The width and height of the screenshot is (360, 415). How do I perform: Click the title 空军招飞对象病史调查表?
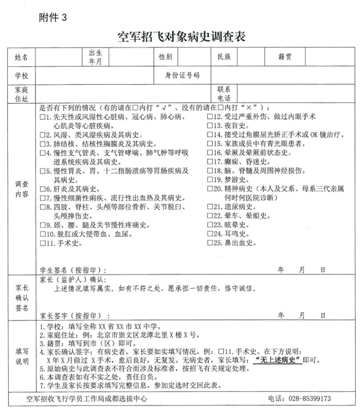(181, 36)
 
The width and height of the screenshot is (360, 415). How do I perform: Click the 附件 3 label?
(53, 18)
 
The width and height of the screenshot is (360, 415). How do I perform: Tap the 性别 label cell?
(165, 57)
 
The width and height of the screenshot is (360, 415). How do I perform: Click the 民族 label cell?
(224, 57)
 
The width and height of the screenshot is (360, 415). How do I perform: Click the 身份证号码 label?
(182, 75)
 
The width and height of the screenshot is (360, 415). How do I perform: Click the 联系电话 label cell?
(224, 93)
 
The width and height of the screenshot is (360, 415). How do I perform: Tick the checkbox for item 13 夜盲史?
(210, 126)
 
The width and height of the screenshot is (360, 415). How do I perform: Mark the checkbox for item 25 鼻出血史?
(210, 243)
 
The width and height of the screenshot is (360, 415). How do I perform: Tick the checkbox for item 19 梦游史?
(210, 180)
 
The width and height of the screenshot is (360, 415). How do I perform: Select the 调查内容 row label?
(21, 189)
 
